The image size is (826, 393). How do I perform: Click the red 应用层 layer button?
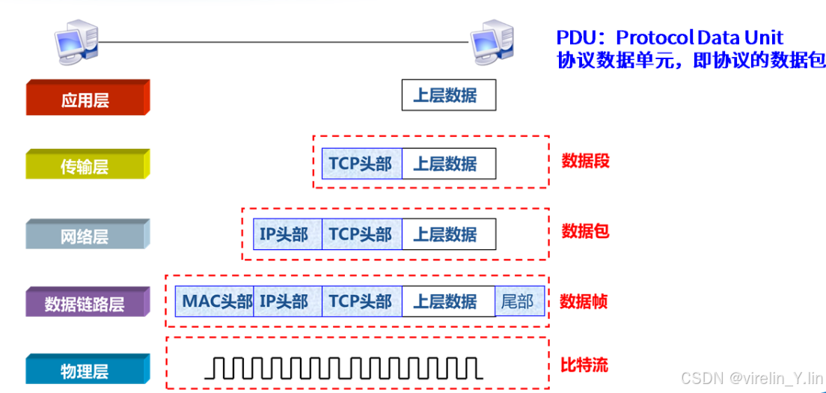coord(88,98)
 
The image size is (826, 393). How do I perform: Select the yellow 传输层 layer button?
coord(88,165)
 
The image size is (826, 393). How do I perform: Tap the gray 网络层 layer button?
coord(88,234)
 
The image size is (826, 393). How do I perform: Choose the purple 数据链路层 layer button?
coord(88,302)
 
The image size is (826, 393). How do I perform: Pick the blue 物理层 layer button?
coord(88,370)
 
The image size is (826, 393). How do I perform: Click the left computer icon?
coord(76,42)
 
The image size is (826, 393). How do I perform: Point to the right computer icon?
coord(492,42)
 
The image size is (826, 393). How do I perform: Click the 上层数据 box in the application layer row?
coord(448,96)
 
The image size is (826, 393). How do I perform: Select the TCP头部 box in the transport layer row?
coord(361,164)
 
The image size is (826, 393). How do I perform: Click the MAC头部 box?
coord(215,302)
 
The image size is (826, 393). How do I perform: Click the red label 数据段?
coord(586,161)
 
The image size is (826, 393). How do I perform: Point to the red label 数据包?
coord(586,231)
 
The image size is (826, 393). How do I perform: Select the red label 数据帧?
coord(584,302)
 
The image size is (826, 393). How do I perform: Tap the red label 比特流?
coord(584,365)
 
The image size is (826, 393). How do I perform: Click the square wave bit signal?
coord(343,368)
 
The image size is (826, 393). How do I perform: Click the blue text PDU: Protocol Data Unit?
coord(670,37)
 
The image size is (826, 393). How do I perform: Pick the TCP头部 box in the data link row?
coord(361,302)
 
